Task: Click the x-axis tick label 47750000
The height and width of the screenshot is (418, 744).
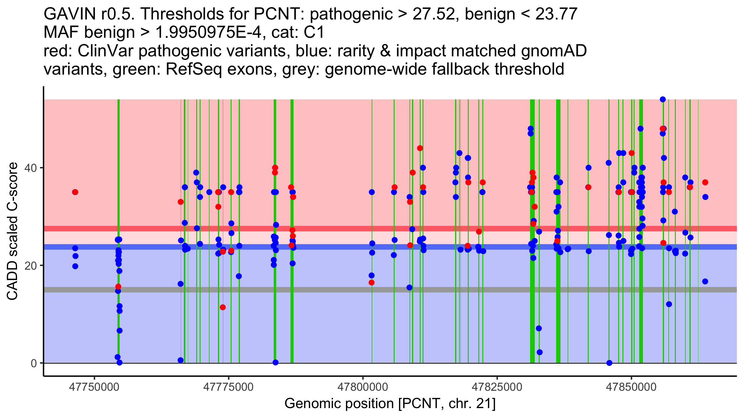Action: pyautogui.click(x=94, y=387)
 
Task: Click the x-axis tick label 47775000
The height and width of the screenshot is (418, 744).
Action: pyautogui.click(x=228, y=387)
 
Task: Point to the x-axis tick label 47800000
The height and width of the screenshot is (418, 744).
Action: pyautogui.click(x=363, y=387)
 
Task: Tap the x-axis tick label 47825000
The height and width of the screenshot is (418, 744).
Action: pyautogui.click(x=497, y=387)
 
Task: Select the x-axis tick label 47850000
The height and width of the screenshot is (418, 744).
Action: pyautogui.click(x=631, y=387)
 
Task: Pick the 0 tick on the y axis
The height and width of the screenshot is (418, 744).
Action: pyautogui.click(x=34, y=363)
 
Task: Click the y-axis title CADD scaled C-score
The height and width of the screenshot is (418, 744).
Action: pyautogui.click(x=12, y=231)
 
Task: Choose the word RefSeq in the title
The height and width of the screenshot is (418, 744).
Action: pyautogui.click(x=193, y=69)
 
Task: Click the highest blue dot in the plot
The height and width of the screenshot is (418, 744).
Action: pyautogui.click(x=663, y=99)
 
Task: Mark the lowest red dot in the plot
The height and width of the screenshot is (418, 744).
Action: pyautogui.click(x=223, y=307)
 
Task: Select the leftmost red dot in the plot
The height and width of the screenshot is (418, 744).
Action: pyautogui.click(x=75, y=192)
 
